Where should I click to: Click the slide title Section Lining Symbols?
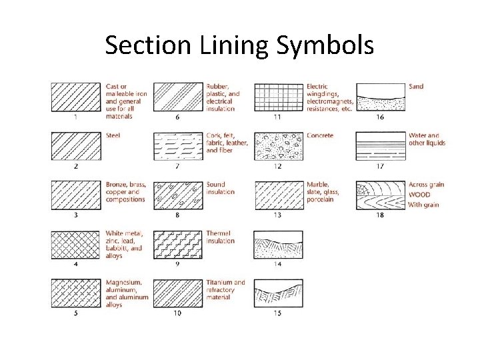coord(239,45)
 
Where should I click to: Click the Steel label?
coord(113,136)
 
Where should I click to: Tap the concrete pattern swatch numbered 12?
coord(279,146)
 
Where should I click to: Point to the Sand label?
coord(415,87)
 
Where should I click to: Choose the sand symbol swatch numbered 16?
coord(380,97)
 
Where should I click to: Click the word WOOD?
coord(419,195)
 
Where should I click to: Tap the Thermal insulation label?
coord(220,237)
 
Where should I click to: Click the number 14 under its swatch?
coord(278,264)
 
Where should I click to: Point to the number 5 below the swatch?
coord(76,313)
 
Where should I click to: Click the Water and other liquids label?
coord(427,139)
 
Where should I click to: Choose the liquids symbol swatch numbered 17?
coord(380,146)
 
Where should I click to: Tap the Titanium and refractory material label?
coord(225,290)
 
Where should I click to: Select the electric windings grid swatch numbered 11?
coord(279,97)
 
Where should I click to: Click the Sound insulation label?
coord(220,188)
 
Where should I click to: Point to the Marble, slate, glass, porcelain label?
coord(323,192)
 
